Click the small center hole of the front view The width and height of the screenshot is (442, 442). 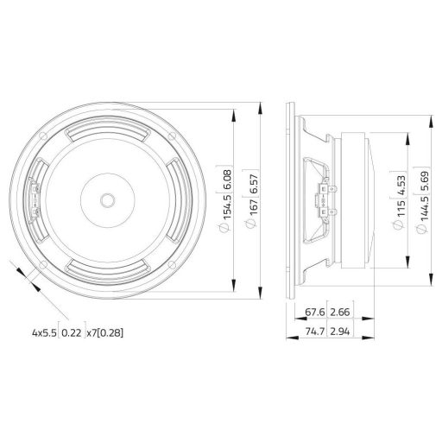point(107,199)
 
